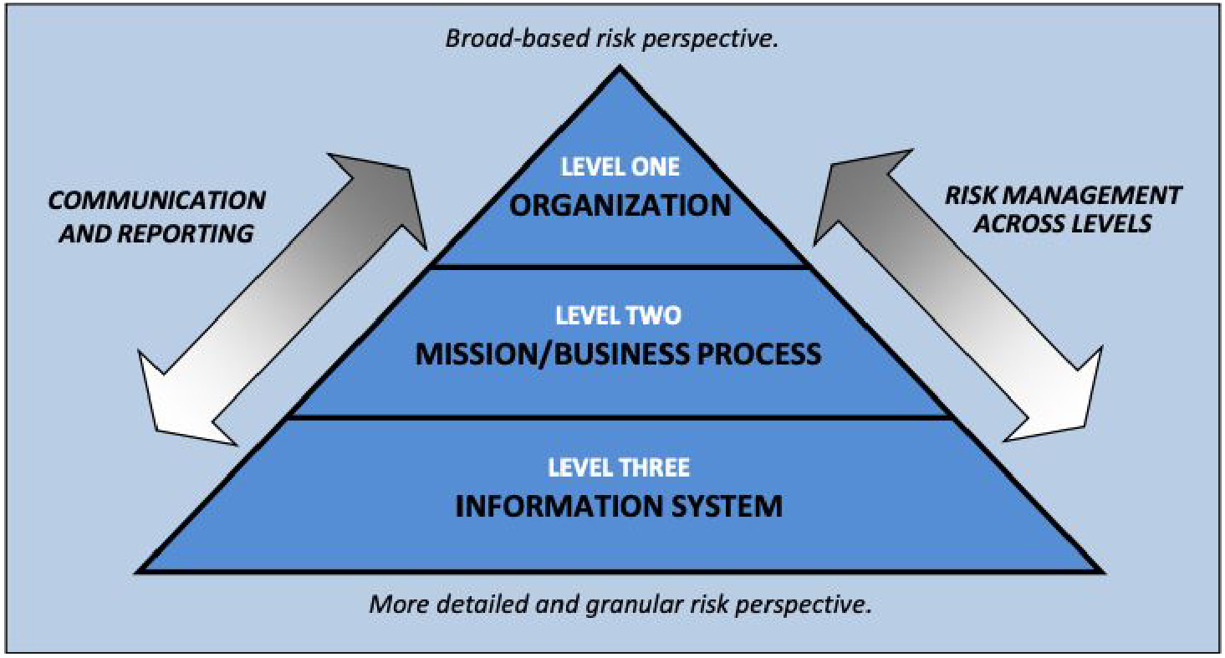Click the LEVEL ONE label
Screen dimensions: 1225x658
(620, 166)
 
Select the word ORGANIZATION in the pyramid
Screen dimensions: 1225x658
(620, 205)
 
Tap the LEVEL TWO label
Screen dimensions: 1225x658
(618, 315)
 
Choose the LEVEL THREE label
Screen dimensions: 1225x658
(619, 467)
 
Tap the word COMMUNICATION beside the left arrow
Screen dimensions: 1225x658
(157, 200)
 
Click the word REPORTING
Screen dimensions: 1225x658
(185, 233)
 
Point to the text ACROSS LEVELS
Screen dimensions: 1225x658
(1063, 224)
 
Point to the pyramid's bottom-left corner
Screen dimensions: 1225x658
(137, 572)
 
